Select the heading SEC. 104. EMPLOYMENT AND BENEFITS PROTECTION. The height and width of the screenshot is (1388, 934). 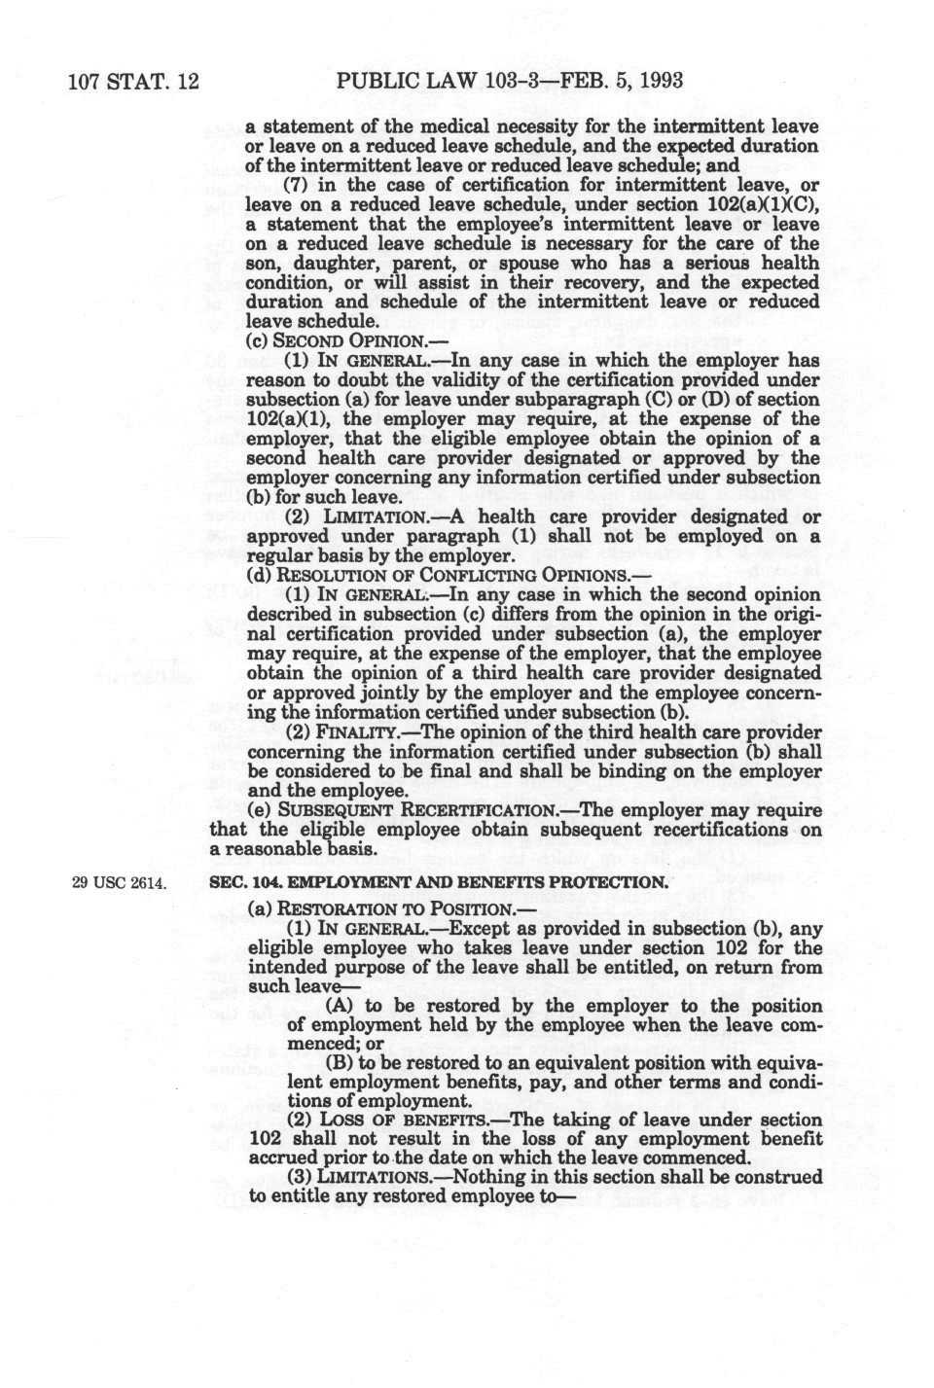tap(439, 882)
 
